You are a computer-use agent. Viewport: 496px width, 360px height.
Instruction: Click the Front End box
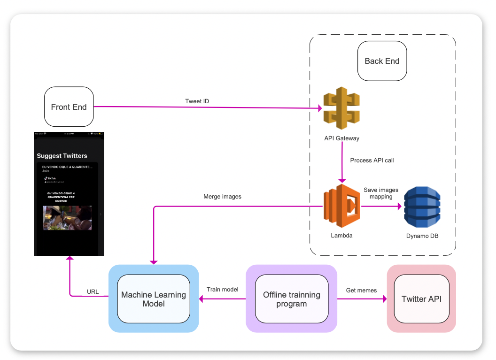pos(69,107)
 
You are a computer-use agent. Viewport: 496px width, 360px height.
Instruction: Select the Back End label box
pos(382,61)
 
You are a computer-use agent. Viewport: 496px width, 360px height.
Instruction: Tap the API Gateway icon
pos(341,108)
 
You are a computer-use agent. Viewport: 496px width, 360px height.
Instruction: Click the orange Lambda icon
pos(341,207)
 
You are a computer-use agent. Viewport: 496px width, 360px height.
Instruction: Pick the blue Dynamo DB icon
pos(422,207)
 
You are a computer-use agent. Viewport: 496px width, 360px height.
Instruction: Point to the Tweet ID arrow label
pos(197,101)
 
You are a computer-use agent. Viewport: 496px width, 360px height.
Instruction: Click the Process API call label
pos(372,161)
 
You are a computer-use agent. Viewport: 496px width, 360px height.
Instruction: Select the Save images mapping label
pos(381,193)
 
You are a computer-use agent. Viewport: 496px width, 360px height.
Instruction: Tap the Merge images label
pos(222,197)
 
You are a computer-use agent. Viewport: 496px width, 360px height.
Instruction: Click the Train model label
pos(222,290)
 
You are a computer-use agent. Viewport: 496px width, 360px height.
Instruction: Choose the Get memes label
pos(361,291)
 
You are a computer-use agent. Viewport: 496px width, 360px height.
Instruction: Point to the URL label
pos(93,292)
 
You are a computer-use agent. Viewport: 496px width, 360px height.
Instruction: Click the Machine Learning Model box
pos(154,299)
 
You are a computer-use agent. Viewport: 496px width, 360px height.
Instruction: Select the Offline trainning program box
pos(291,299)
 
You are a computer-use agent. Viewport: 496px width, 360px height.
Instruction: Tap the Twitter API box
pos(421,299)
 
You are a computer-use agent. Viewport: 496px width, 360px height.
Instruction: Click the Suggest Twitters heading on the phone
pos(62,156)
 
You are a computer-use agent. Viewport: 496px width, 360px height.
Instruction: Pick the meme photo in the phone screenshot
pos(67,217)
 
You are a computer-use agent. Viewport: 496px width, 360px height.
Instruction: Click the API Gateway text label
pos(342,138)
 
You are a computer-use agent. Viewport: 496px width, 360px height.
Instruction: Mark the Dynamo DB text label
pos(422,236)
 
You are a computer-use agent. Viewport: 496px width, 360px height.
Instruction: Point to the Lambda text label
pos(341,235)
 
